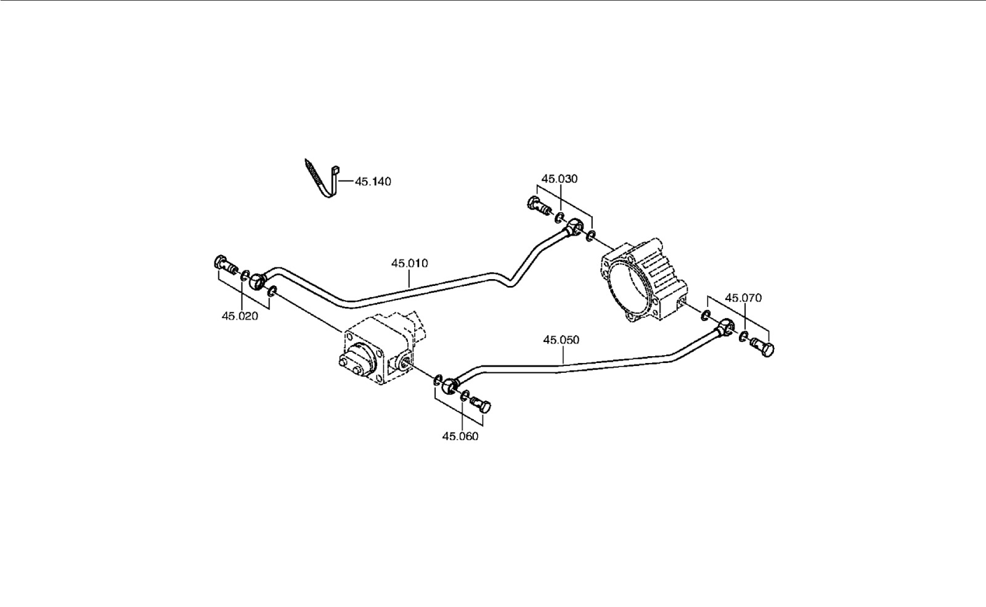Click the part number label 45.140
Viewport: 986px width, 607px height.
point(373,182)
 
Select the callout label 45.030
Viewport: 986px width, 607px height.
point(560,179)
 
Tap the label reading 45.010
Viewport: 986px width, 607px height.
point(409,264)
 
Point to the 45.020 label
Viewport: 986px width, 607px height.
point(240,316)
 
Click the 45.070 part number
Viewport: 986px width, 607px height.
point(743,298)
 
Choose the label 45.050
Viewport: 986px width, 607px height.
point(561,340)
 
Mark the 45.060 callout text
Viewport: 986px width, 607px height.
point(460,436)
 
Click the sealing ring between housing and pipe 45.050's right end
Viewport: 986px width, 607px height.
point(705,314)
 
